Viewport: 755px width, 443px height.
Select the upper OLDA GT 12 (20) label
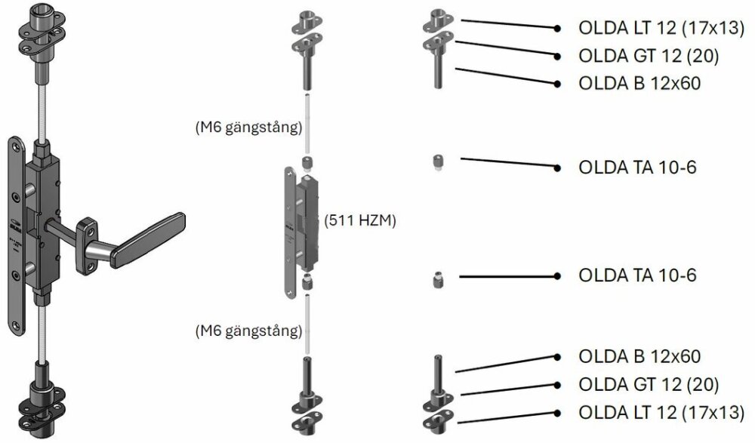click(x=647, y=56)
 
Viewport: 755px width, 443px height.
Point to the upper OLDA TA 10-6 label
click(x=636, y=167)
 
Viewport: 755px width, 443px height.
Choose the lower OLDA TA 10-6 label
click(x=636, y=275)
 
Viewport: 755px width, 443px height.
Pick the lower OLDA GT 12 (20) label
click(x=647, y=384)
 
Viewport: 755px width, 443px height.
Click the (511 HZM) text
click(x=359, y=221)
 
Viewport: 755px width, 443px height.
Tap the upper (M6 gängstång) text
click(x=248, y=126)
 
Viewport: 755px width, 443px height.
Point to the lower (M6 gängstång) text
click(x=248, y=331)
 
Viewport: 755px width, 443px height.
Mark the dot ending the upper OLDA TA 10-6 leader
click(x=557, y=167)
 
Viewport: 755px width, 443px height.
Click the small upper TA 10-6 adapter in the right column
click(x=436, y=162)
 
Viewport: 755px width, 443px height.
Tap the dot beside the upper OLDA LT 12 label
click(x=557, y=29)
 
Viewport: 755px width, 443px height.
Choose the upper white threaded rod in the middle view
click(x=307, y=125)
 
